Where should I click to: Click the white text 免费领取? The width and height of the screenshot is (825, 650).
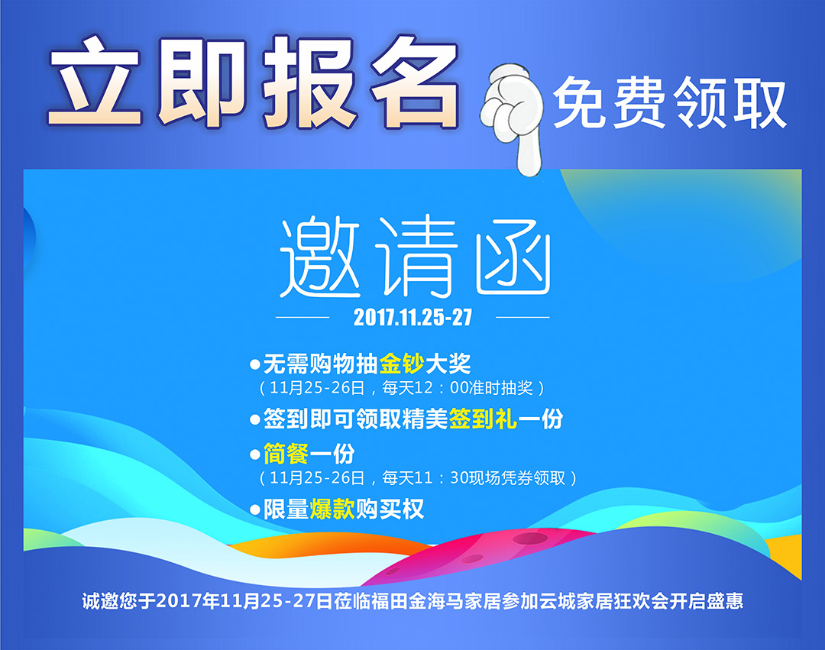coord(670,102)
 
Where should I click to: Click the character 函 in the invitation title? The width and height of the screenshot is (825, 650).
coord(513,262)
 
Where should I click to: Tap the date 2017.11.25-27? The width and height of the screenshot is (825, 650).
coord(412,317)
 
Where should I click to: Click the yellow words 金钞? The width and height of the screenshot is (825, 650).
coord(402,364)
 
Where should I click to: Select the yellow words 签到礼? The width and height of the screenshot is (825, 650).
coord(483,419)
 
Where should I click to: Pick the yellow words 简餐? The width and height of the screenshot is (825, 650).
coord(286,454)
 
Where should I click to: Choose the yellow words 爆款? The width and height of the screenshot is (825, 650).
coord(332,509)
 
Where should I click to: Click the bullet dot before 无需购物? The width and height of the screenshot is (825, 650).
coord(255,364)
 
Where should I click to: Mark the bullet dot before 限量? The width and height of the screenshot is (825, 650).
coord(255,509)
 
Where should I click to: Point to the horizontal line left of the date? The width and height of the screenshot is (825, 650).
coord(302,317)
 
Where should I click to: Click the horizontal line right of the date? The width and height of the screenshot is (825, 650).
coord(522,317)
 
